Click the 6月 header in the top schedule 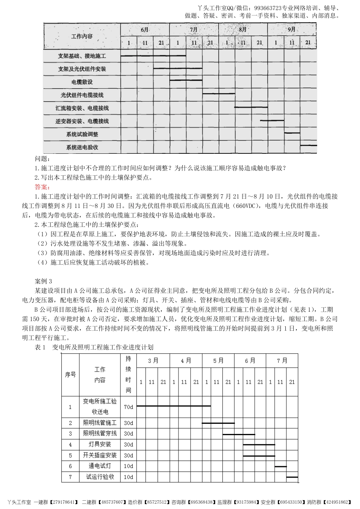pos(145,29)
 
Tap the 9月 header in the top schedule pos(291,29)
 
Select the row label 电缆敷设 pos(82,82)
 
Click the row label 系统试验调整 pos(82,134)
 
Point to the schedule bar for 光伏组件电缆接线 pos(219,93)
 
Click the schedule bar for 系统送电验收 pos(308,145)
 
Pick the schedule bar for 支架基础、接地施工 pos(153,56)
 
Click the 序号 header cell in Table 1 pos(70,375)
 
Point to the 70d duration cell pos(128,407)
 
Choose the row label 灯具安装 pos(100,444)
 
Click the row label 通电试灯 pos(100,466)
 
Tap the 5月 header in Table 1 pos(218,361)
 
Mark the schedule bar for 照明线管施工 pos(218,423)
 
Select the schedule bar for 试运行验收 pos(292,477)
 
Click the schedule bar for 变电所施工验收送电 pos(174,406)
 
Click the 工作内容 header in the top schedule pos(82,36)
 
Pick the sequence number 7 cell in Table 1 pos(70,477)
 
